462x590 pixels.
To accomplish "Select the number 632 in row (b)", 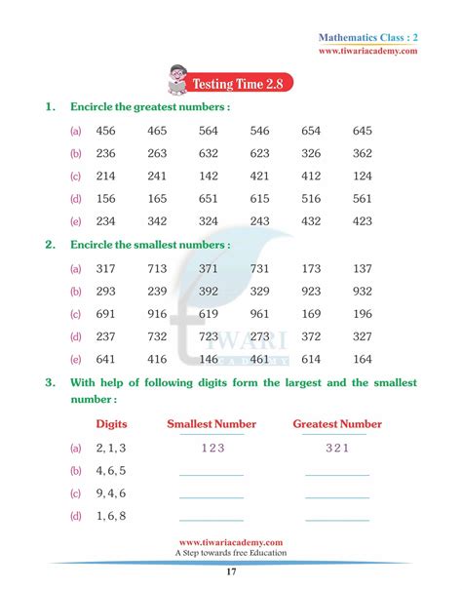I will [208, 153].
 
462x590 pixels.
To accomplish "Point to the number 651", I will [208, 198].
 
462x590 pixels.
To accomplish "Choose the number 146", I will [208, 359].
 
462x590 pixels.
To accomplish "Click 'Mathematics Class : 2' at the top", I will [375, 37].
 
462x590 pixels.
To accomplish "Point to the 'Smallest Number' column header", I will [212, 424].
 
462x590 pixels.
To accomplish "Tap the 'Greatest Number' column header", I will [337, 424].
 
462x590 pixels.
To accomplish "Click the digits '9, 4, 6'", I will [111, 493].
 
